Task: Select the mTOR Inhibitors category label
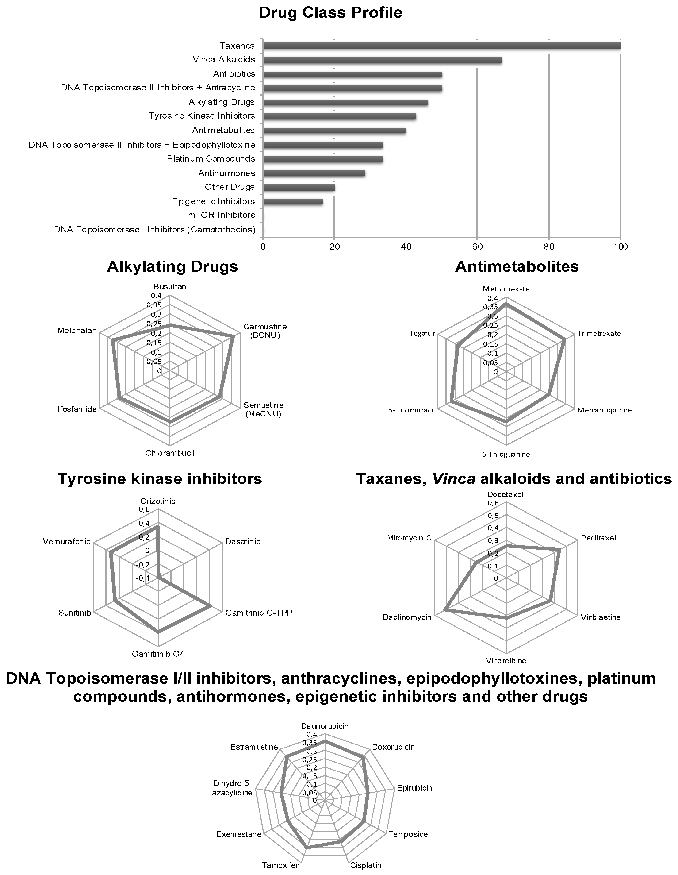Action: pyautogui.click(x=222, y=215)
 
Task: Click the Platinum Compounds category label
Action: pyautogui.click(x=211, y=159)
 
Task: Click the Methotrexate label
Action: pyautogui.click(x=506, y=289)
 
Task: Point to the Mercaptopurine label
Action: pyautogui.click(x=604, y=410)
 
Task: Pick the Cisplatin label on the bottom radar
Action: pyautogui.click(x=366, y=865)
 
